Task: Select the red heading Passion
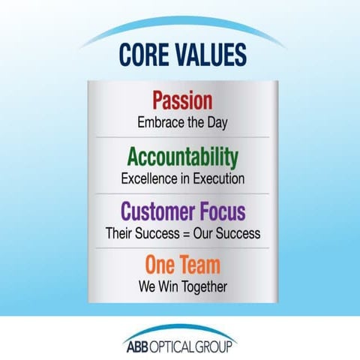pyautogui.click(x=182, y=100)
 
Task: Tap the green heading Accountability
pyautogui.click(x=182, y=157)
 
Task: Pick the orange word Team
pyautogui.click(x=199, y=266)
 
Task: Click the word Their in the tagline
pyautogui.click(x=120, y=233)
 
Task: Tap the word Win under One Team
pyautogui.click(x=172, y=286)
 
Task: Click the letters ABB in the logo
pyautogui.click(x=138, y=345)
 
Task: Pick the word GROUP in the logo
pyautogui.click(x=220, y=345)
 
